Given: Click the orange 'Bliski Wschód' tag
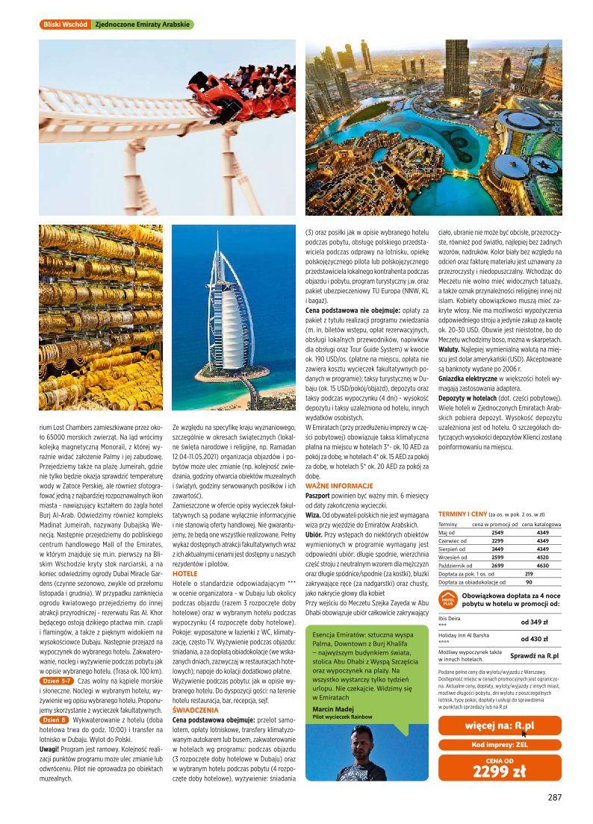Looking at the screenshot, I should click(65, 25).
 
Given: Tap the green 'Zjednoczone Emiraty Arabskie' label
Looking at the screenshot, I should click(141, 25).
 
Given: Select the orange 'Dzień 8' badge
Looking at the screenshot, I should click(55, 720).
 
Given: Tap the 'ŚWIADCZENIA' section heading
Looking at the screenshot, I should click(195, 711).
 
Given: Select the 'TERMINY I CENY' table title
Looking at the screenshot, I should click(462, 514).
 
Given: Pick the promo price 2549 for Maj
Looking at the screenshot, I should click(497, 533).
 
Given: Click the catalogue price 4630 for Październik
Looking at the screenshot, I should click(543, 566).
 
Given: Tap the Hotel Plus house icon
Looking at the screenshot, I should click(447, 599).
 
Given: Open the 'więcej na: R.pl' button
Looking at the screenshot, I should click(500, 726).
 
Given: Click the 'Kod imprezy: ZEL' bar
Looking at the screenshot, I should click(500, 744).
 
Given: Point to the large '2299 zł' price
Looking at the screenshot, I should click(500, 772).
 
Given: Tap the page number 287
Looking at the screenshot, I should click(553, 797).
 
